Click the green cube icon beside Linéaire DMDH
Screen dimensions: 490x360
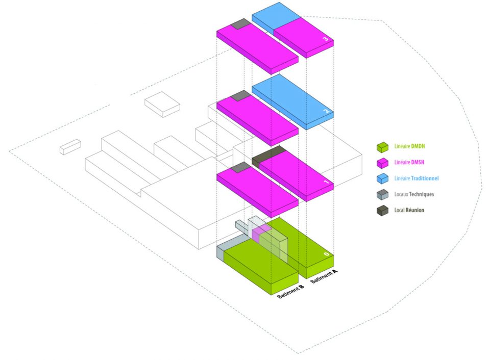tap(382, 147)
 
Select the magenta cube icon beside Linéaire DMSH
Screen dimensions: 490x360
tap(382, 163)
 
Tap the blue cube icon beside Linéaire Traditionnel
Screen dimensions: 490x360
tap(382, 179)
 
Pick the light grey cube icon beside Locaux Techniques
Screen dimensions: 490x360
tap(382, 195)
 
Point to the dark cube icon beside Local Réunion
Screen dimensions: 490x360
tap(382, 211)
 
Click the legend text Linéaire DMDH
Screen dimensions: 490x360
tap(409, 146)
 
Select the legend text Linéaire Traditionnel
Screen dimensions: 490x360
tap(416, 178)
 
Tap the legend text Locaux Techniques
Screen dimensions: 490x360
tap(414, 194)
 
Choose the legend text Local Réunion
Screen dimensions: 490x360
tap(409, 210)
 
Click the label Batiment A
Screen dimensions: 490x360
tap(324, 276)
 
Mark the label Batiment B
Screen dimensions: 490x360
tap(290, 291)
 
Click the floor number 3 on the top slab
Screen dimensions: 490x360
tap(326, 39)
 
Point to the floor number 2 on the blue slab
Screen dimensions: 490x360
tap(326, 111)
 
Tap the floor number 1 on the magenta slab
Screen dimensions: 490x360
tap(326, 182)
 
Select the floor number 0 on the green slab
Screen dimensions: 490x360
tap(326, 254)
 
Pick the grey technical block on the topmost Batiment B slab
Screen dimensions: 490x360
tap(240, 24)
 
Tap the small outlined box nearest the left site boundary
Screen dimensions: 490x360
tap(70, 146)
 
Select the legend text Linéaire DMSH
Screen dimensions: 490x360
tap(409, 162)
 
